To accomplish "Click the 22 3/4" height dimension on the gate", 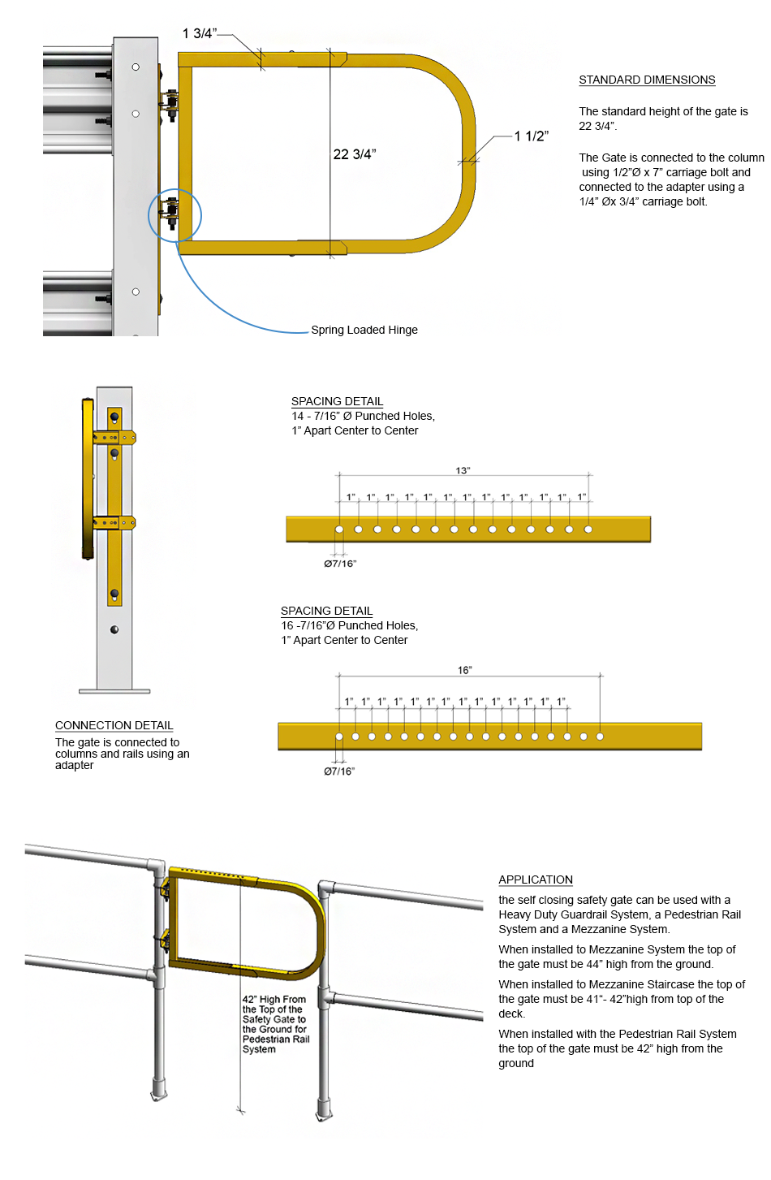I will tap(355, 154).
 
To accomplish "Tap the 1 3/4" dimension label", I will tap(199, 33).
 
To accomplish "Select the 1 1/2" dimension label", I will tap(531, 136).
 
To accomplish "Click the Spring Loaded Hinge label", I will tap(364, 330).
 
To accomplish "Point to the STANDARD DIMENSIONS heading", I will tap(647, 80).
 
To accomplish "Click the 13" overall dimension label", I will tap(463, 470).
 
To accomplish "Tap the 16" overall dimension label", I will tap(464, 670).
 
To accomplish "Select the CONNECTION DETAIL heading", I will tap(114, 725).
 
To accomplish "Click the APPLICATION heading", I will tap(535, 880).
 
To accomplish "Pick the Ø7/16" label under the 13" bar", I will tap(340, 564).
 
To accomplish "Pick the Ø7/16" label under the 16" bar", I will tap(339, 772).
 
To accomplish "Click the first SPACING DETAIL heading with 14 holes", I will tap(337, 401).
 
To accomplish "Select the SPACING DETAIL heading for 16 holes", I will tap(326, 611).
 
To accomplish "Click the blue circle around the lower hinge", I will tap(174, 215).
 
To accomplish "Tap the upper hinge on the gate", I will tap(171, 104).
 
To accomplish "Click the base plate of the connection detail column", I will tap(114, 691).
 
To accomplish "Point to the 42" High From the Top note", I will tap(275, 1024).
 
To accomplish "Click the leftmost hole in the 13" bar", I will tap(339, 529).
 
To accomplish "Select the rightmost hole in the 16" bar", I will tap(600, 737).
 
